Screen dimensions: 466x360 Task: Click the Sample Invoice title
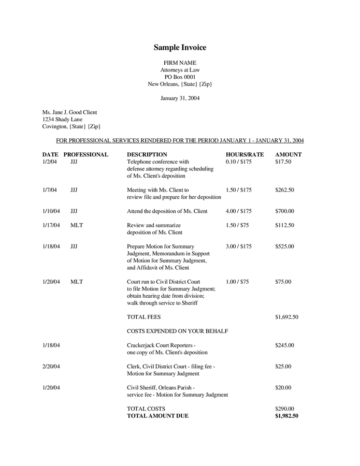(180, 48)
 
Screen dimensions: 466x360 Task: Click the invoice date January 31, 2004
(180, 98)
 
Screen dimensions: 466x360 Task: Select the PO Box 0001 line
(180, 77)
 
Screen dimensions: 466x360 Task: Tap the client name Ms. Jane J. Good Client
(69, 112)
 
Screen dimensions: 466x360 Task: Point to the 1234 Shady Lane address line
(62, 119)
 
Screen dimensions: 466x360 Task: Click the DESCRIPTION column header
(147, 154)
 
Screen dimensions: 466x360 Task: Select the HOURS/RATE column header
(244, 154)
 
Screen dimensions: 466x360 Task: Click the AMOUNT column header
(288, 154)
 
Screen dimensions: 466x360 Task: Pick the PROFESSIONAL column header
(85, 154)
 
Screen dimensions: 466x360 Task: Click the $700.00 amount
(284, 211)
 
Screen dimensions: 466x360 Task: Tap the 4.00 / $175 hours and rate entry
(238, 211)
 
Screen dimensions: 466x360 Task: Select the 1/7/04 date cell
(50, 190)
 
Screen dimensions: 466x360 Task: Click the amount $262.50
(284, 190)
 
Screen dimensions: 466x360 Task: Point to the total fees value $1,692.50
(286, 317)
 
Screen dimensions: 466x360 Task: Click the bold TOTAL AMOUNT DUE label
(157, 416)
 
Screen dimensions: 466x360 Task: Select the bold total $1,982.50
(286, 416)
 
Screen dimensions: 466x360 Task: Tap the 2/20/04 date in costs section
(51, 367)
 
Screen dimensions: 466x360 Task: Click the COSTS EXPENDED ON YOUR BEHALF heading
(178, 331)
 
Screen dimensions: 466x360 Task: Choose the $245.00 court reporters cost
(284, 345)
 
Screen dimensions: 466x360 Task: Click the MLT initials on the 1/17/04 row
(76, 225)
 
